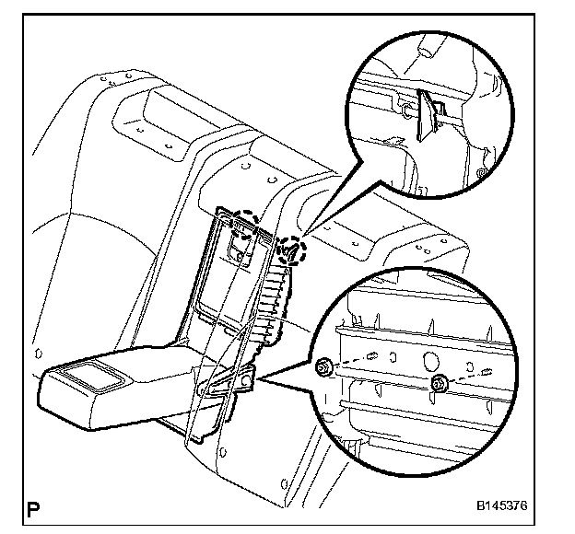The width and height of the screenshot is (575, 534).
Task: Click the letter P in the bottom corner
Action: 34,507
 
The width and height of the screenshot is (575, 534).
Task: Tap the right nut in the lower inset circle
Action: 439,383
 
